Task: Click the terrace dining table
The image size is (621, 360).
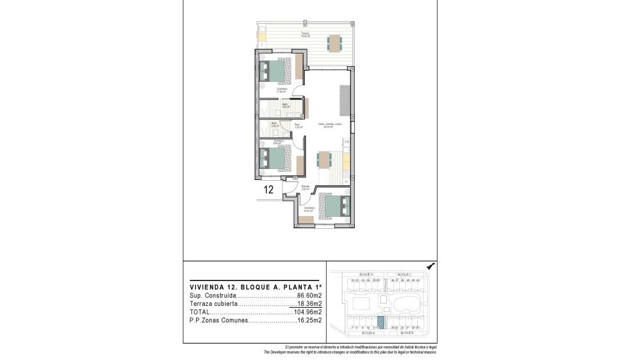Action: [x=334, y=42]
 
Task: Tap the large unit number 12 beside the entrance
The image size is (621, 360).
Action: [x=269, y=189]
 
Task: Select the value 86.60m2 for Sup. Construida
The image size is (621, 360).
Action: [x=309, y=296]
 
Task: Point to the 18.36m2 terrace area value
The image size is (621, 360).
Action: [x=310, y=304]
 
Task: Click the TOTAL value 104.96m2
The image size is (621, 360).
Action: [x=308, y=312]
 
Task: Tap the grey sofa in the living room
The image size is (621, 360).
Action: [x=344, y=100]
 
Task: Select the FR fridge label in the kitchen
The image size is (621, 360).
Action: [x=346, y=142]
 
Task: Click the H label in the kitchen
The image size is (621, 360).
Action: [x=346, y=182]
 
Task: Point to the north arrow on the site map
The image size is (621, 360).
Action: [x=430, y=266]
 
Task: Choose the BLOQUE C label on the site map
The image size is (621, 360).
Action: [x=404, y=274]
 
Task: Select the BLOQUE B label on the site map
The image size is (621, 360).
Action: [x=406, y=334]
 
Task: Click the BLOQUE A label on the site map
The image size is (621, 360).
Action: [x=369, y=334]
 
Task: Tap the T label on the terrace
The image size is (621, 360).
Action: [x=262, y=45]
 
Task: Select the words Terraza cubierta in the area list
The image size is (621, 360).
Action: [x=214, y=304]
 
